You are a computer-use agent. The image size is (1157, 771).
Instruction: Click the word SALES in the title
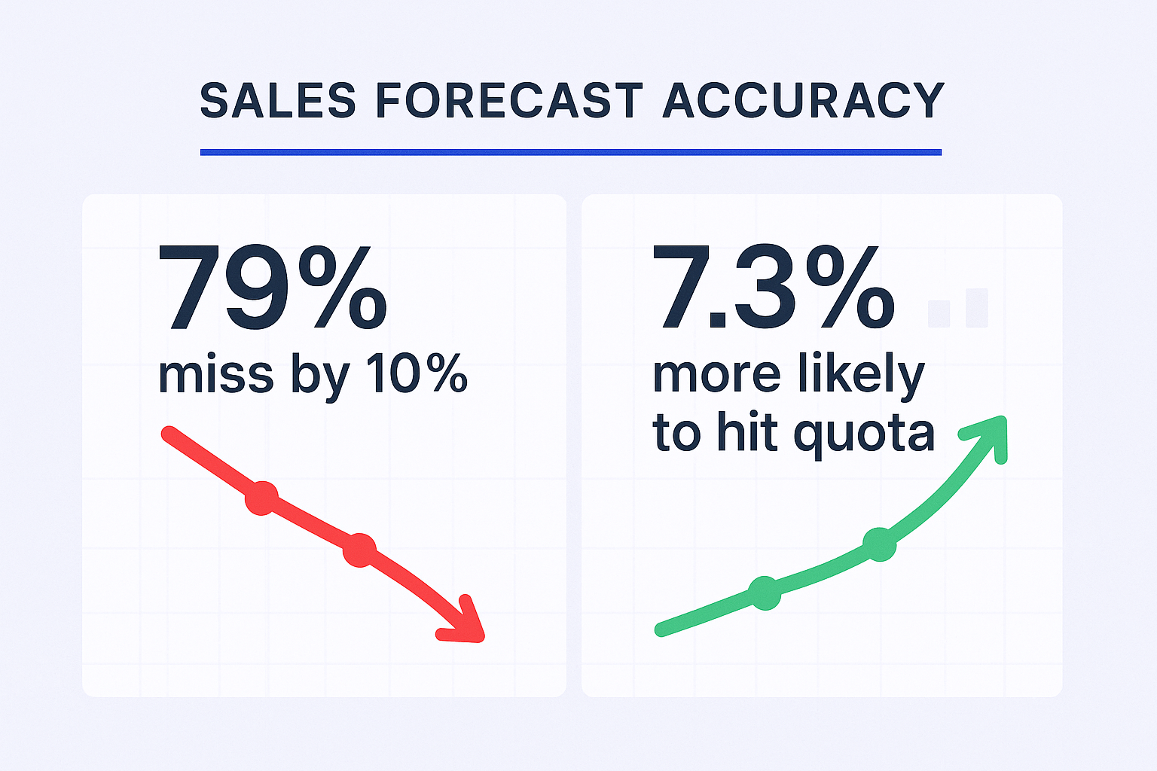pyautogui.click(x=277, y=101)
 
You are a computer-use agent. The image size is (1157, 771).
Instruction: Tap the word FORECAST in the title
pyautogui.click(x=509, y=101)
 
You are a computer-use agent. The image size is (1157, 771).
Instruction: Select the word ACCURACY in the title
pyautogui.click(x=803, y=101)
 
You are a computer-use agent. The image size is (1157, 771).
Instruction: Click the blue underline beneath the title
pyautogui.click(x=570, y=152)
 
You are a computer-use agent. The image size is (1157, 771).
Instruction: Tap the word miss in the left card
pyautogui.click(x=215, y=374)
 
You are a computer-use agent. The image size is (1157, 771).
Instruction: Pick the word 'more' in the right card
pyautogui.click(x=716, y=374)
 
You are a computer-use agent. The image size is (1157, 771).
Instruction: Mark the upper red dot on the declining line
pyautogui.click(x=261, y=498)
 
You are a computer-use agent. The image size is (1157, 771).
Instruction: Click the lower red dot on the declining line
pyautogui.click(x=359, y=550)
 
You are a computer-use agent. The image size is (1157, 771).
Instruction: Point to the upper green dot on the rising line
pyautogui.click(x=879, y=544)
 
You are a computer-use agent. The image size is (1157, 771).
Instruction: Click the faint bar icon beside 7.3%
pyautogui.click(x=958, y=308)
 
